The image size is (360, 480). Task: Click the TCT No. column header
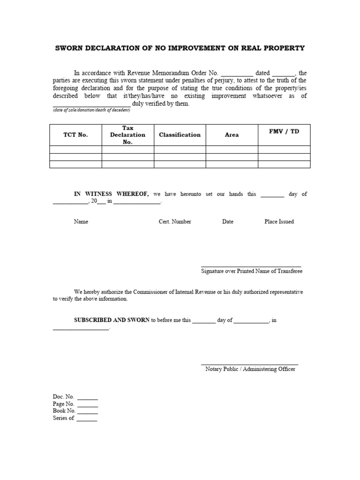click(x=75, y=135)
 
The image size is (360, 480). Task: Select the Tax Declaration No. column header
click(x=127, y=135)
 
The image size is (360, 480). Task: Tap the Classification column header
click(x=180, y=135)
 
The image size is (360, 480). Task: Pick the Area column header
click(x=232, y=135)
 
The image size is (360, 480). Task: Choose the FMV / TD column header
click(x=284, y=131)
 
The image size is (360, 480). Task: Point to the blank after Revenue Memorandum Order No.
click(x=237, y=74)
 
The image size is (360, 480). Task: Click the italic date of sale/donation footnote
click(x=91, y=110)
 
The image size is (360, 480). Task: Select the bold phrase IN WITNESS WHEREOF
click(x=111, y=194)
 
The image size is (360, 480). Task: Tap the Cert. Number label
click(x=175, y=222)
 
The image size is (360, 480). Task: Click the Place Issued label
click(x=279, y=222)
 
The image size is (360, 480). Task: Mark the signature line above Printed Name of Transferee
click(x=251, y=266)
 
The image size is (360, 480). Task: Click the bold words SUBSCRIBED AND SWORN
click(x=112, y=320)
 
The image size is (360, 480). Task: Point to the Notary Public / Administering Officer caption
click(x=250, y=369)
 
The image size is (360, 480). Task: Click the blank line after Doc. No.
click(x=88, y=398)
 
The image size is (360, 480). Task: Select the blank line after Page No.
click(x=88, y=405)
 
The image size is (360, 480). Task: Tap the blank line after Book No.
click(x=88, y=412)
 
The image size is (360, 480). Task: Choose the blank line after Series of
click(x=87, y=420)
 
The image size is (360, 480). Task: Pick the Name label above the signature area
click(x=81, y=222)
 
